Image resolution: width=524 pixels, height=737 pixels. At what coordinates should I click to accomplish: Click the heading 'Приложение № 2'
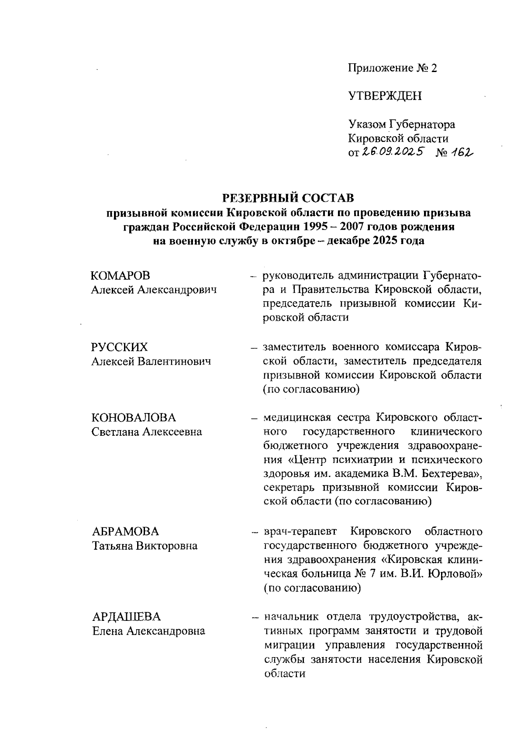click(x=392, y=68)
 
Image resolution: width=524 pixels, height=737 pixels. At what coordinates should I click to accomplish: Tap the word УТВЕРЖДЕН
click(x=385, y=96)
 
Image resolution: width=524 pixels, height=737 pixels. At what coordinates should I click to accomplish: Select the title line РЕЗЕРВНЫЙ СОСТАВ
click(x=288, y=198)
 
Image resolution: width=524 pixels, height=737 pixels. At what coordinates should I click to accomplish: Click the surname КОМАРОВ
click(x=121, y=276)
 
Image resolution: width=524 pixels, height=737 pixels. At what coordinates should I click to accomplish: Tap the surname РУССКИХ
click(x=120, y=347)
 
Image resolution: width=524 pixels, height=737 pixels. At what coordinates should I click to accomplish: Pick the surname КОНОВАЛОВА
click(x=134, y=418)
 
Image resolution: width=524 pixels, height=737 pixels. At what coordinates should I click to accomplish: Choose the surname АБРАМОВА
click(x=126, y=531)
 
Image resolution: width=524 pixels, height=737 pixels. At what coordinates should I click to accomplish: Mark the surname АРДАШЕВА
click(x=127, y=616)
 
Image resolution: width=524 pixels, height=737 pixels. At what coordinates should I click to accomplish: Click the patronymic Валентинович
click(x=175, y=362)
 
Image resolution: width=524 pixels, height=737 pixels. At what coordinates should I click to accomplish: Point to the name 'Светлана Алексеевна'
click(x=147, y=432)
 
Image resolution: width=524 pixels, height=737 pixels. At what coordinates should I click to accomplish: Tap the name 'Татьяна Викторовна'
click(x=145, y=546)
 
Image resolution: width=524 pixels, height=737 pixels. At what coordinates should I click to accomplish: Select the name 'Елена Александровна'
click(x=148, y=631)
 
